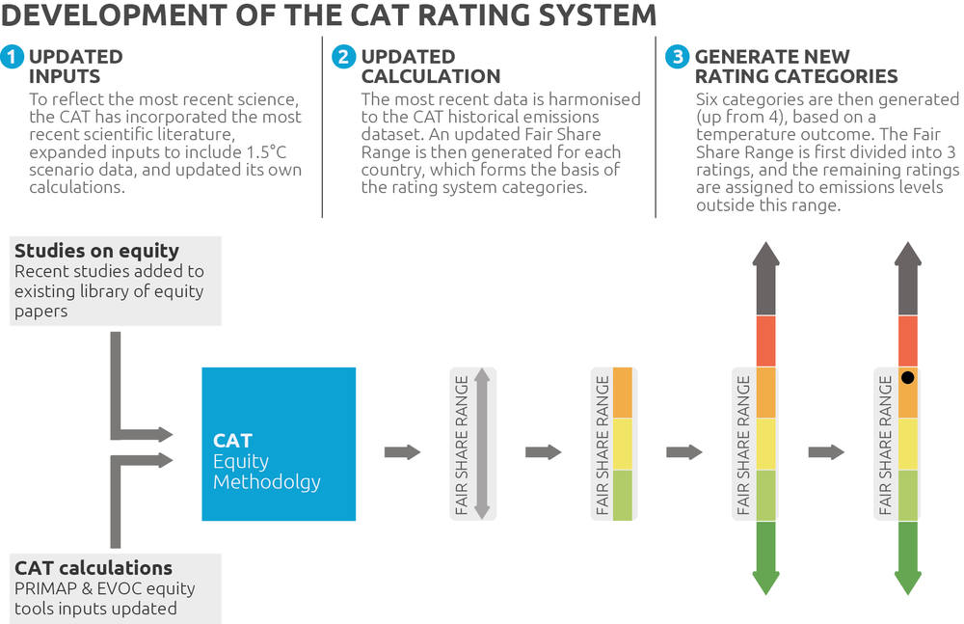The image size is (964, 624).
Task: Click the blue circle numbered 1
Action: (x=12, y=57)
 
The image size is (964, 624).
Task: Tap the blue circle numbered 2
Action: (x=344, y=57)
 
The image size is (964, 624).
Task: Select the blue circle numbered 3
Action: (x=677, y=57)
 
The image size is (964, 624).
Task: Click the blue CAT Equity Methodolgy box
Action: (x=279, y=444)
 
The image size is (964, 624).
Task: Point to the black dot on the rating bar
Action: (x=907, y=377)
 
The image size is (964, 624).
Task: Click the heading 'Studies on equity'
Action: (x=96, y=251)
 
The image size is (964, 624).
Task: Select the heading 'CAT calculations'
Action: (x=94, y=567)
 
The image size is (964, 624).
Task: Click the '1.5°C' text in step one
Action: (x=266, y=152)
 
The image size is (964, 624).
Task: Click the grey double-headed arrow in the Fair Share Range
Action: (x=483, y=444)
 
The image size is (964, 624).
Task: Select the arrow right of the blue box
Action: (x=402, y=452)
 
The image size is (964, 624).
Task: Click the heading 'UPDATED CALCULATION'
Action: (x=430, y=67)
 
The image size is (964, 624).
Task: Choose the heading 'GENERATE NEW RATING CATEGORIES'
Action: (x=796, y=67)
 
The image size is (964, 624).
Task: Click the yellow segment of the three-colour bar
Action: (x=623, y=444)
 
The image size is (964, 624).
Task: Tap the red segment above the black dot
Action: (x=908, y=340)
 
